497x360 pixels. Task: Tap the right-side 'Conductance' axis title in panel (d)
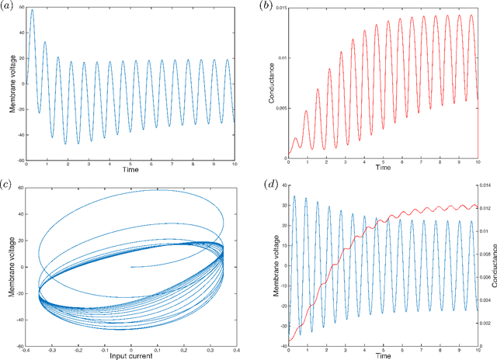[492, 265]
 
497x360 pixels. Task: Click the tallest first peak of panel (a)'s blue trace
[32, 10]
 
